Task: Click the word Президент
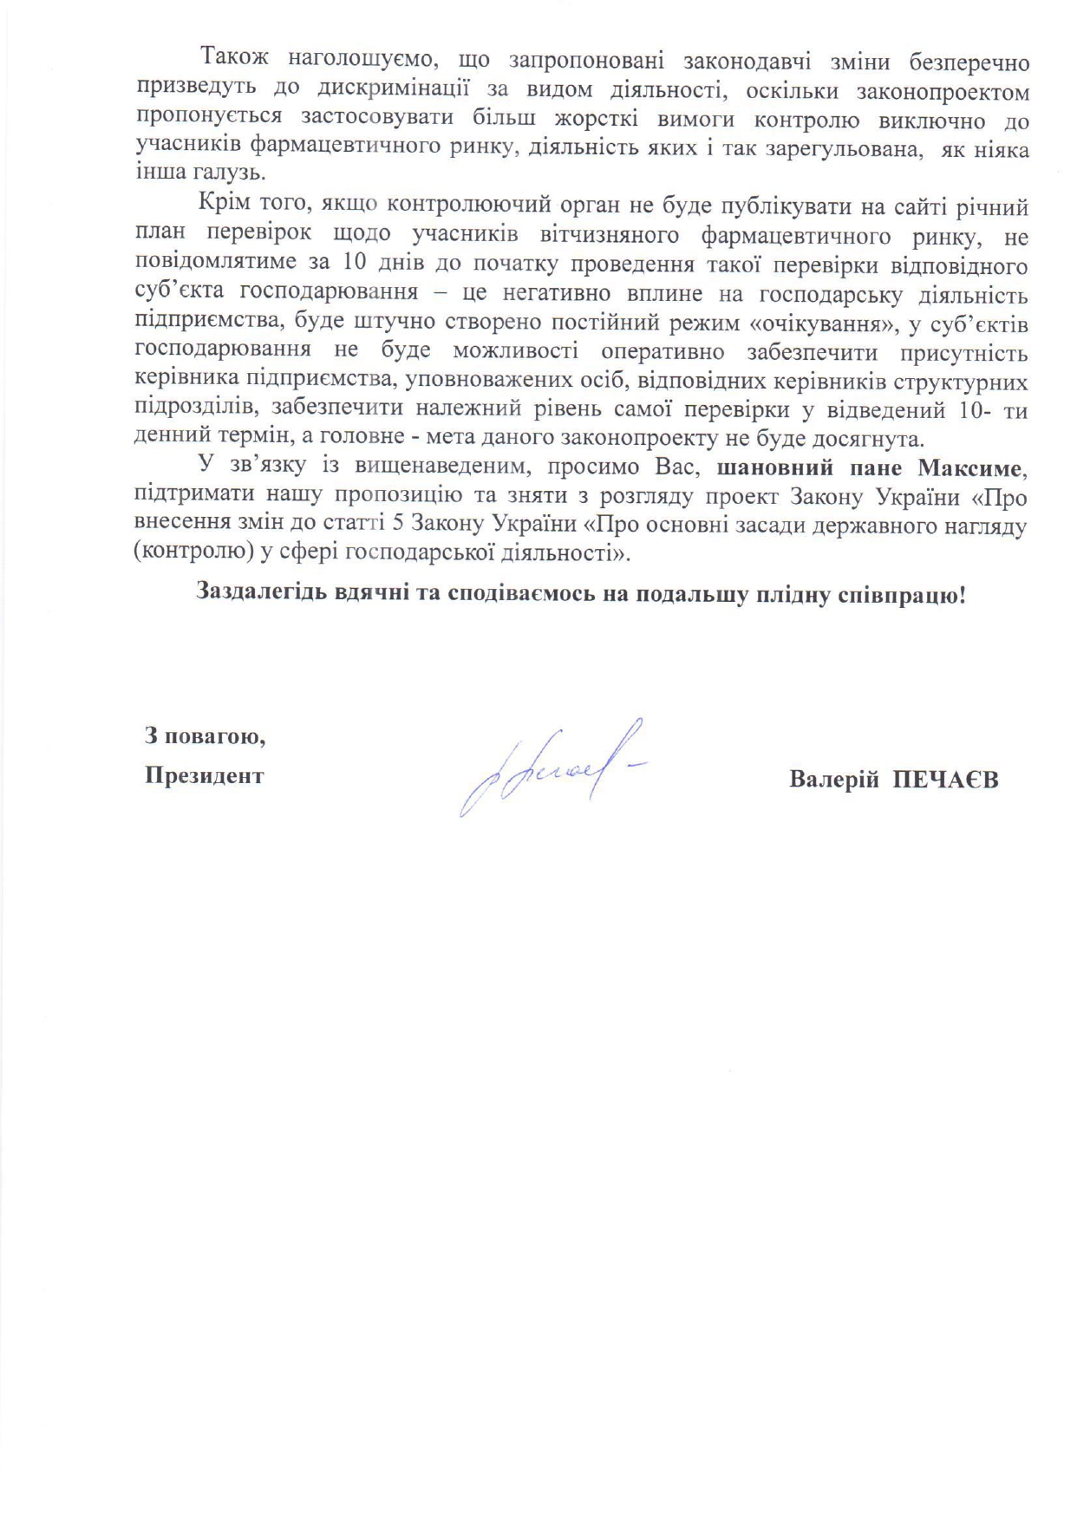(204, 774)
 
